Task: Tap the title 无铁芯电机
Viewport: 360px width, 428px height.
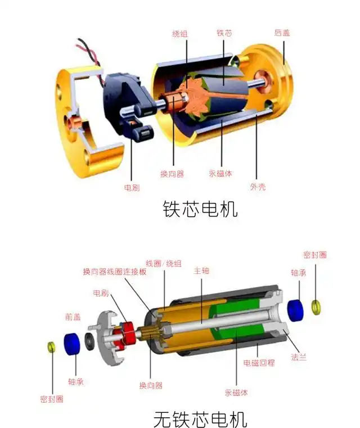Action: click(200, 419)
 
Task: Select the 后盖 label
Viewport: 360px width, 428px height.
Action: click(282, 33)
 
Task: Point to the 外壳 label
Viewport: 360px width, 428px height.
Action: click(257, 187)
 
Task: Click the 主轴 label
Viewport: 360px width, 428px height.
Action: click(201, 271)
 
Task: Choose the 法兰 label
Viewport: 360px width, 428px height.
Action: click(299, 357)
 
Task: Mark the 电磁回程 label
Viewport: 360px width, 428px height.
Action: click(259, 363)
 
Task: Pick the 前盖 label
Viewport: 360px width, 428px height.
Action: click(73, 317)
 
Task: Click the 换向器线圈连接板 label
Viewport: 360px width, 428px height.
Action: click(115, 272)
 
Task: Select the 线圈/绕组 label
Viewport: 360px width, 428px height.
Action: click(164, 263)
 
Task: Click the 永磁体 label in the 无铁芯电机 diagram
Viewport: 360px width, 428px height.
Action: click(236, 393)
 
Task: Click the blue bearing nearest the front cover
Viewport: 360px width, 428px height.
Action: click(71, 344)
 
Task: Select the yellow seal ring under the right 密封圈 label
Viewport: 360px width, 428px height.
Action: click(316, 307)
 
